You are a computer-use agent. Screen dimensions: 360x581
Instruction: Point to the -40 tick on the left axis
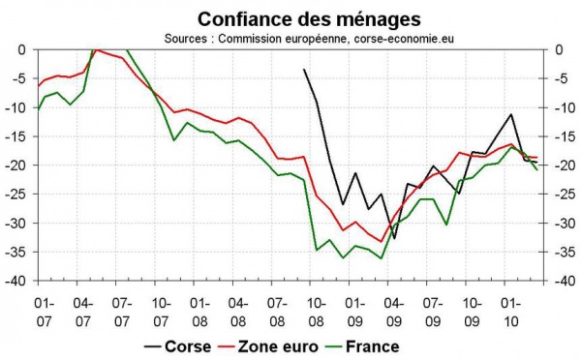18,282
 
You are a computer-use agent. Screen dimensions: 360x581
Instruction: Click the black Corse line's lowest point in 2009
394,238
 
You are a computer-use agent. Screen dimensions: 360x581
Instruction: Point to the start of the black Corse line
304,69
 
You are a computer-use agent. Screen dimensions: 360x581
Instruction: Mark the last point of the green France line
538,169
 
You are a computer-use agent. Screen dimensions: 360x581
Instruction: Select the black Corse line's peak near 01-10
511,114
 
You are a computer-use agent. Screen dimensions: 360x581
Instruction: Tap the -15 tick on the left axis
18,136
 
